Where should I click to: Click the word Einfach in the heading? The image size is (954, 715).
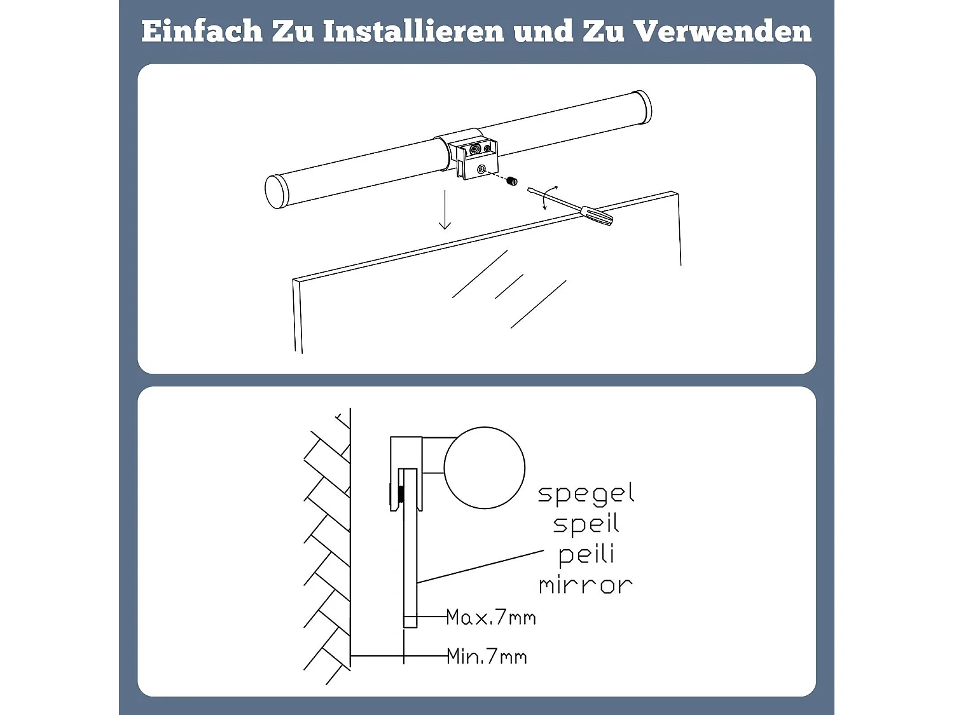pyautogui.click(x=202, y=31)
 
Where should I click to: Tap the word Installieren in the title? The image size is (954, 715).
pyautogui.click(x=413, y=31)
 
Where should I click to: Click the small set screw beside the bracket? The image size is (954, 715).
pyautogui.click(x=513, y=180)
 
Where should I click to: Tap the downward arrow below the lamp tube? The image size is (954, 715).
pyautogui.click(x=445, y=209)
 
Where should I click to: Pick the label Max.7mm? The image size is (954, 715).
pyautogui.click(x=491, y=617)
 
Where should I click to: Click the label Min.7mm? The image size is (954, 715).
pyautogui.click(x=487, y=657)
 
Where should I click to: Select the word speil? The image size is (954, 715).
pyautogui.click(x=586, y=523)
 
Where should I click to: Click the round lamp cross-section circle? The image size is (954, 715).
pyautogui.click(x=485, y=468)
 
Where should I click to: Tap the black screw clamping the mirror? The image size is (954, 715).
pyautogui.click(x=401, y=494)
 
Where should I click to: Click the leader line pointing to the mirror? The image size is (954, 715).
pyautogui.click(x=480, y=566)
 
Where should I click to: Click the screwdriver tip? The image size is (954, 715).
pyautogui.click(x=529, y=189)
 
